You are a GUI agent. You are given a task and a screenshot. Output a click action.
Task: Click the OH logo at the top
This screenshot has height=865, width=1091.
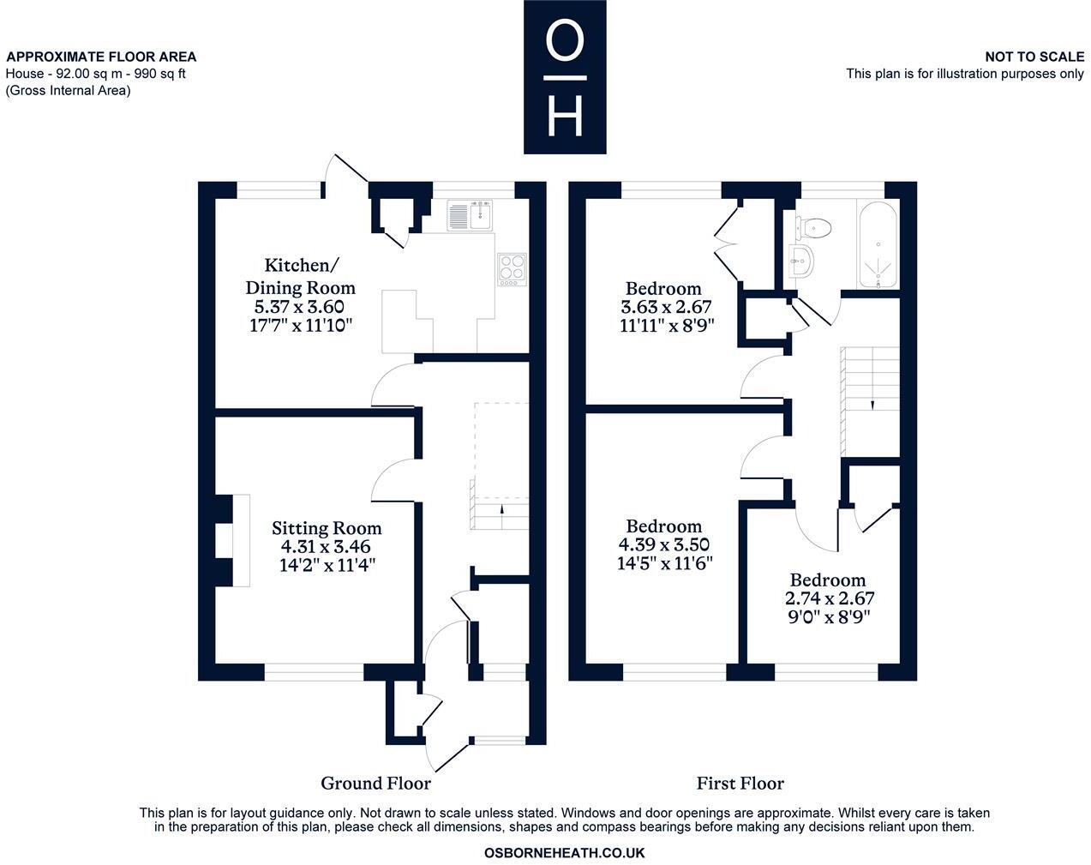(565, 77)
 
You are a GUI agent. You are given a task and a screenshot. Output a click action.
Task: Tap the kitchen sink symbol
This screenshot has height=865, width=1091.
(470, 214)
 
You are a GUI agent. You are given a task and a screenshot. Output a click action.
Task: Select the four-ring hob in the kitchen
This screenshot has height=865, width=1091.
(513, 269)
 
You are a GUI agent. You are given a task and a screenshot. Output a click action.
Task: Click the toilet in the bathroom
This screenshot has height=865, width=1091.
(812, 227)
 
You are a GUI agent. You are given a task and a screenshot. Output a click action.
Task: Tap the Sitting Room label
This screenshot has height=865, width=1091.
(327, 528)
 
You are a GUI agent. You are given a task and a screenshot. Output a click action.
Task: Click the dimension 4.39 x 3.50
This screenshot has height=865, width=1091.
(663, 544)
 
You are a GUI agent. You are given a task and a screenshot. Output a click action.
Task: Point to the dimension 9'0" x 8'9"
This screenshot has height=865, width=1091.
(828, 616)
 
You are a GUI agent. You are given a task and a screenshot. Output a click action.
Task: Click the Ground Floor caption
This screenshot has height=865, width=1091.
(375, 783)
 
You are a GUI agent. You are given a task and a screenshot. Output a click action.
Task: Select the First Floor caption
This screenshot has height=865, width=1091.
(740, 783)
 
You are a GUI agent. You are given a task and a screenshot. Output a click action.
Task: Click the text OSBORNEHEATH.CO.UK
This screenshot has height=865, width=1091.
(564, 853)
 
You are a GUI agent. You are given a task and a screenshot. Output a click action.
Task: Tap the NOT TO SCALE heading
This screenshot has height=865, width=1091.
(1034, 57)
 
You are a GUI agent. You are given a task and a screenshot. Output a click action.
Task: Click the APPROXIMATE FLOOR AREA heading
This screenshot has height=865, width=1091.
(101, 57)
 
